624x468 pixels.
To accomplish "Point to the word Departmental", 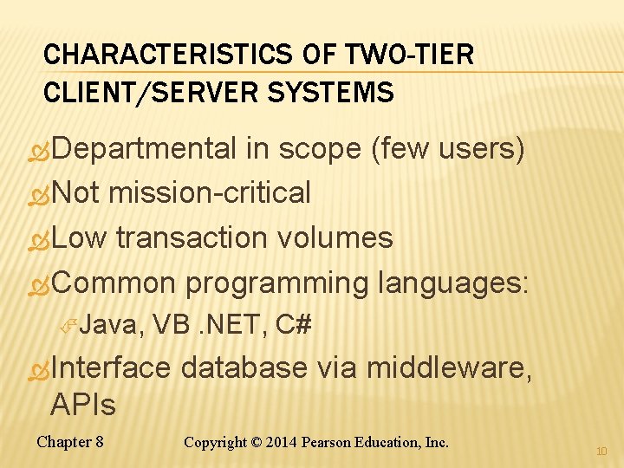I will pos(145,150).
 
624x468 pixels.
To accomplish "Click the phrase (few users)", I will pos(447,150).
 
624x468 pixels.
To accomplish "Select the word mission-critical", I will pos(210,192).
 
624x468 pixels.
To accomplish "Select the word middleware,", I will pos(447,367).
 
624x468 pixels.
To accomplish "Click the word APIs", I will pos(83,404).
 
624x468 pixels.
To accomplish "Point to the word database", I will pos(244,367).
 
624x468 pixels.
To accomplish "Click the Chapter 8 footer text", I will pos(70,442).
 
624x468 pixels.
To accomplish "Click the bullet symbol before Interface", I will pos(38,370).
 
